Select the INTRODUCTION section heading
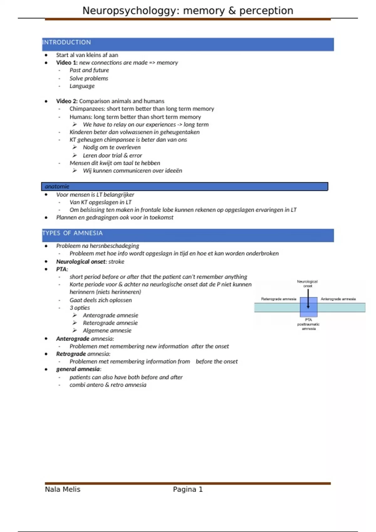[x=67, y=42]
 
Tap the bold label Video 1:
[x=67, y=63]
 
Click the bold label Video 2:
[x=67, y=101]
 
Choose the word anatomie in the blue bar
[x=57, y=187]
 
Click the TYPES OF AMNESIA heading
[x=72, y=233]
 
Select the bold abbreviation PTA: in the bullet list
[x=62, y=269]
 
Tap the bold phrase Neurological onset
[x=81, y=262]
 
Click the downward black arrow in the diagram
[x=308, y=299]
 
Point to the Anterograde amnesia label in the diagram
[x=338, y=299]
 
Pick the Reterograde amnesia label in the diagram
[x=279, y=299]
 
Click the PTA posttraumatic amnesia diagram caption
[x=308, y=324]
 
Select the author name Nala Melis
[x=63, y=489]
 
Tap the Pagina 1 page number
[x=188, y=489]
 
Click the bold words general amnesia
[x=78, y=369]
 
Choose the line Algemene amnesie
[x=107, y=330]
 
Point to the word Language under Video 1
[x=82, y=86]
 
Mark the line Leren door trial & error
[x=112, y=156]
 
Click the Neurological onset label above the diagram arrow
[x=307, y=284]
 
